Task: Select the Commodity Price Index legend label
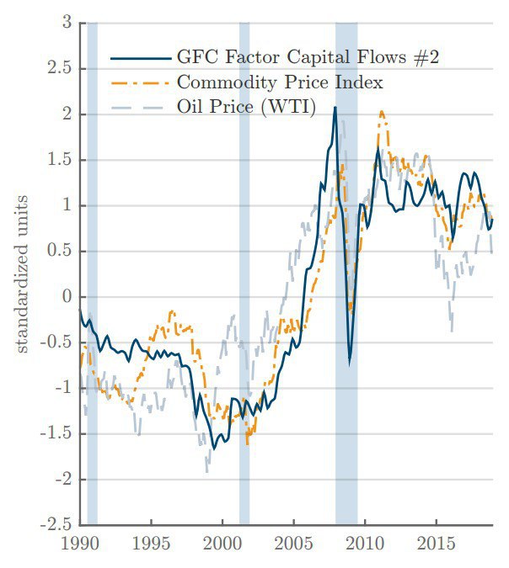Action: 280,82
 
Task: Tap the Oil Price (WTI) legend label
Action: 245,107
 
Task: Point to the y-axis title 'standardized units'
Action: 24,273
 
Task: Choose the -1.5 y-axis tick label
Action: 56,434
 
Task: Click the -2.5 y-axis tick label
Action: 56,526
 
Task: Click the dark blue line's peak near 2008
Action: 335,108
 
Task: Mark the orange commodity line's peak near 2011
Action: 382,111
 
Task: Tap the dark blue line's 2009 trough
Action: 349,363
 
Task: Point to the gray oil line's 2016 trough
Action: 453,329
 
